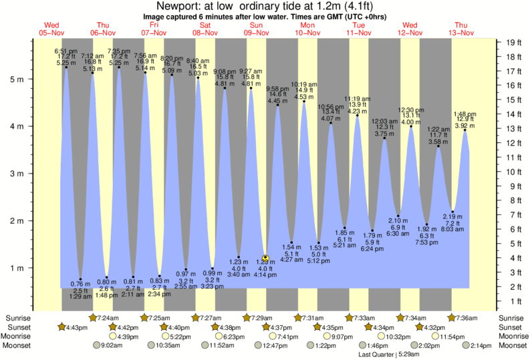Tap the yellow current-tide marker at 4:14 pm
(265, 258)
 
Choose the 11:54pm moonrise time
(450, 336)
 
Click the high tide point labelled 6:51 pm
(65, 67)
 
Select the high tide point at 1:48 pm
(465, 130)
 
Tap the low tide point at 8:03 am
(452, 211)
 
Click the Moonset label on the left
(18, 345)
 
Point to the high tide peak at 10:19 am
(304, 101)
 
